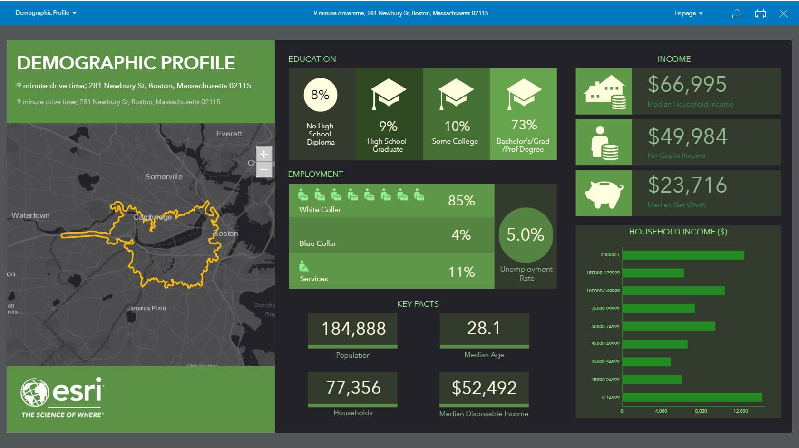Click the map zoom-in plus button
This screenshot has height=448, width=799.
264,154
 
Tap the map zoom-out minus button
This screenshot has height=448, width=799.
264,169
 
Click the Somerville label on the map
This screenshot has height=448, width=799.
164,176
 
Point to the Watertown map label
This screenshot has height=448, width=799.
30,215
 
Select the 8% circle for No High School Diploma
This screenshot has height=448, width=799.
320,95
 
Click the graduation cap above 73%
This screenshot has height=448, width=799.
524,93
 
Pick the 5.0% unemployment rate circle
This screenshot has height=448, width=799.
526,234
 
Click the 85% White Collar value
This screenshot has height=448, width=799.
461,201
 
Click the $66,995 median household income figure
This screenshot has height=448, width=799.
687,85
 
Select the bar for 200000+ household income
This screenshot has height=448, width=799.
683,255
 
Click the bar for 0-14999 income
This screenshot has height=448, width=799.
692,397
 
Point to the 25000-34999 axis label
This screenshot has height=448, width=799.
605,362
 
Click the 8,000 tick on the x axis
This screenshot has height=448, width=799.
701,411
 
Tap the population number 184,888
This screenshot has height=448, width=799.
353,329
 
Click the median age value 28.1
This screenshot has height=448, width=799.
484,328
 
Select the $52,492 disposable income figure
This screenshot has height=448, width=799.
484,388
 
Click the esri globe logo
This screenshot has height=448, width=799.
35,392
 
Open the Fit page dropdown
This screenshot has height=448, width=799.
688,13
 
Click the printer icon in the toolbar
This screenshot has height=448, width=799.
760,13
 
